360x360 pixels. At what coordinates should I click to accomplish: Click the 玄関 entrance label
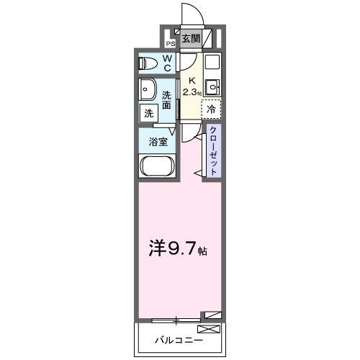[190, 40]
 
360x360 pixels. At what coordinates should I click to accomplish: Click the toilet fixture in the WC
[146, 62]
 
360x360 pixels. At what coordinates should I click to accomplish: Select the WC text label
[166, 63]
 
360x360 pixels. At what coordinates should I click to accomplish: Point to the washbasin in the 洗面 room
[149, 91]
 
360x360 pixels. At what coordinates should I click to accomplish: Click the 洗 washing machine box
[148, 113]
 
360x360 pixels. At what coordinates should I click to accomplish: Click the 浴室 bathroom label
[159, 142]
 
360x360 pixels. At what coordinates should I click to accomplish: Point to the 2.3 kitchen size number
[189, 93]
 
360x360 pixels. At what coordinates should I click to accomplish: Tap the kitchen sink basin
[212, 88]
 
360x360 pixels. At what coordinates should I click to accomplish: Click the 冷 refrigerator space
[211, 109]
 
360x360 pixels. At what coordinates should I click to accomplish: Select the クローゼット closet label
[213, 149]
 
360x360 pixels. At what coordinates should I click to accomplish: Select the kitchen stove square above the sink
[212, 62]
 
